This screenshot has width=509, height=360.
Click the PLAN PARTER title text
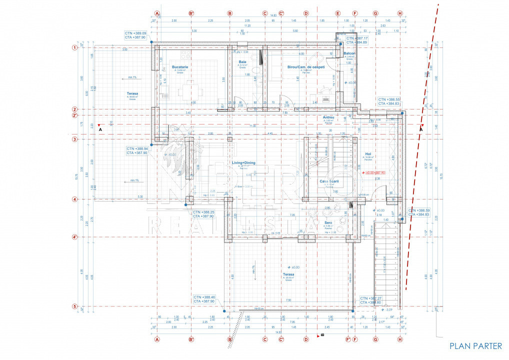(475, 346)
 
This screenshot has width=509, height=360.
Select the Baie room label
(242, 62)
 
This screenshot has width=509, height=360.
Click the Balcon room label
(349, 53)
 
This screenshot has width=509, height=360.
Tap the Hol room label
(368, 154)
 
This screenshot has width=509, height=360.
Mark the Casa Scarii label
(329, 181)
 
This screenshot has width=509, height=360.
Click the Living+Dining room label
(243, 163)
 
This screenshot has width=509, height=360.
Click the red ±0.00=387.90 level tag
(375, 172)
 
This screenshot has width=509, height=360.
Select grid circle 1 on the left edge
(74, 48)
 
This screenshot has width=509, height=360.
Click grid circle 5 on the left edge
(74, 306)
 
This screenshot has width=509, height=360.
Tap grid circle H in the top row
(400, 13)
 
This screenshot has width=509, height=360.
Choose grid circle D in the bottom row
(306, 339)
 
